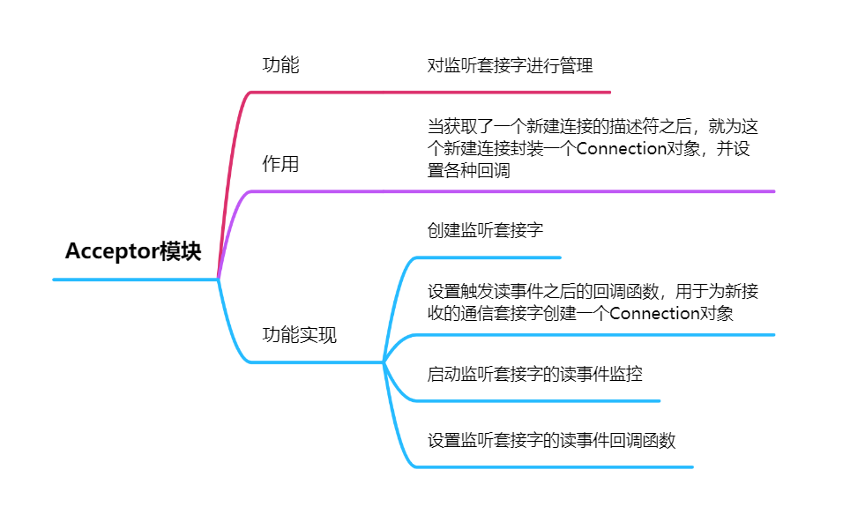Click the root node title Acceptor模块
pyautogui.click(x=133, y=252)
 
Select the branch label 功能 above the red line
pyautogui.click(x=281, y=65)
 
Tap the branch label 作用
pyautogui.click(x=281, y=165)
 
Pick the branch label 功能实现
pyautogui.click(x=300, y=335)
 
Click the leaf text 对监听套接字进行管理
pyautogui.click(x=511, y=65)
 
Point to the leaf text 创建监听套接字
pyautogui.click(x=485, y=231)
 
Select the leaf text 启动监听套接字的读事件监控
pyautogui.click(x=535, y=374)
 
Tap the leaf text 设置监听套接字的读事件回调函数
pyautogui.click(x=552, y=440)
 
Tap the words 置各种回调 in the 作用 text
pyautogui.click(x=469, y=171)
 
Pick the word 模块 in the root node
pyautogui.click(x=180, y=252)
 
